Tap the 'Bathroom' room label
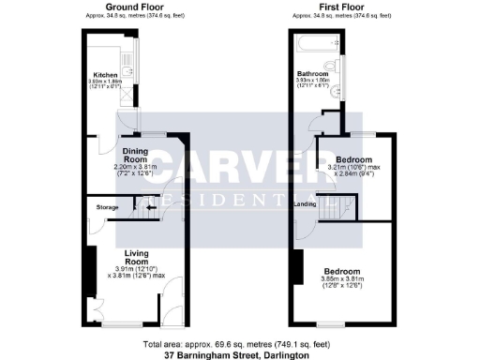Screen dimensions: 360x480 coord(312,73)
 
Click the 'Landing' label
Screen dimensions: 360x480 coord(304,203)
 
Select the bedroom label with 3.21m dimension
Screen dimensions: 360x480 coord(355,158)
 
